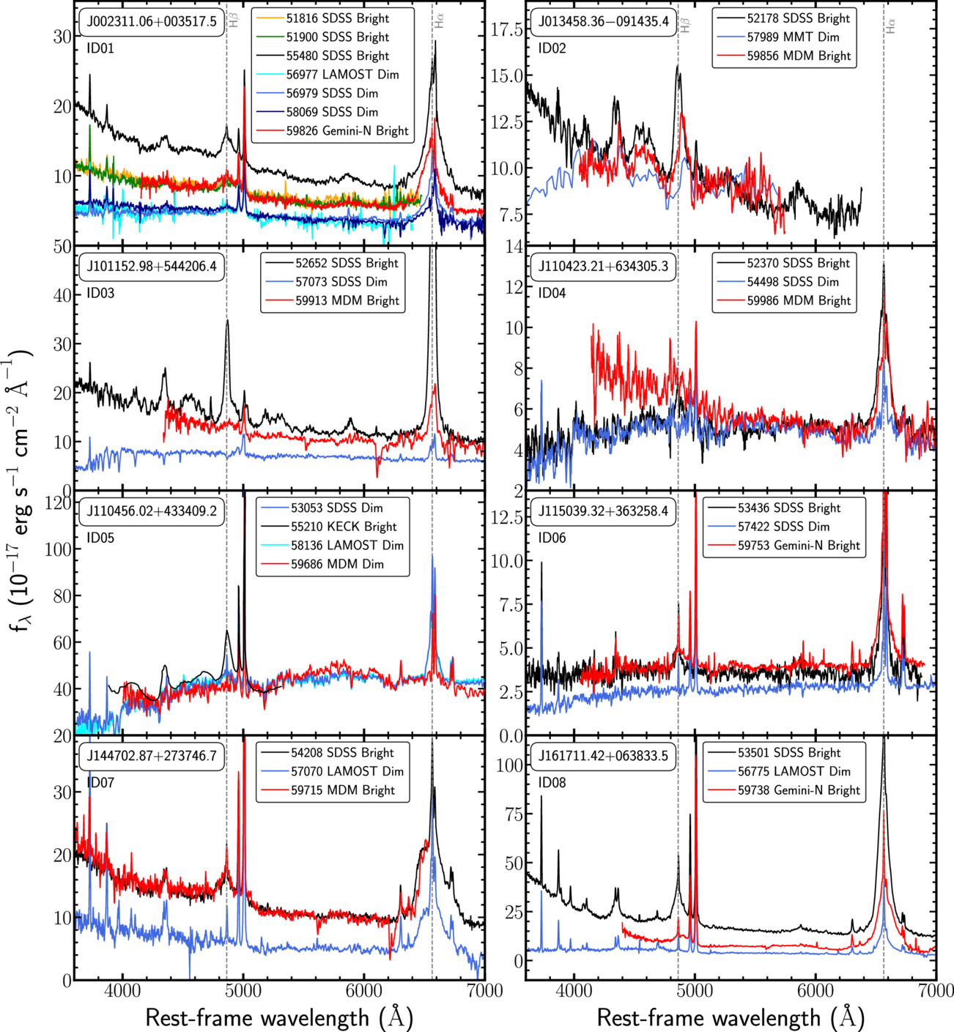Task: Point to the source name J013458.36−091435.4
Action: (603, 21)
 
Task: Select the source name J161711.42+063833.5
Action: (603, 756)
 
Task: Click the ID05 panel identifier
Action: (100, 538)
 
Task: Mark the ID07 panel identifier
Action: (100, 783)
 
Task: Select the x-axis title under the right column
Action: (730, 1017)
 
